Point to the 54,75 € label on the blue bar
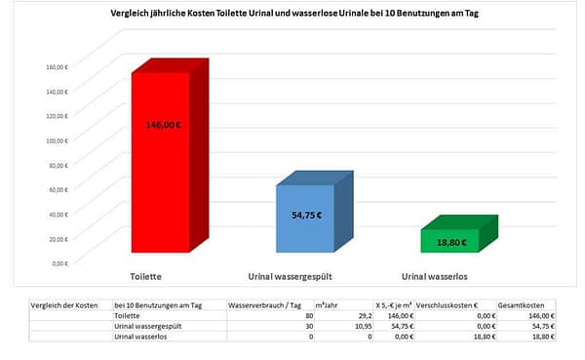[306, 216]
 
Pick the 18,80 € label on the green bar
[450, 242]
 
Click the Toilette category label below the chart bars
[145, 277]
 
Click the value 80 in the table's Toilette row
[309, 316]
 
